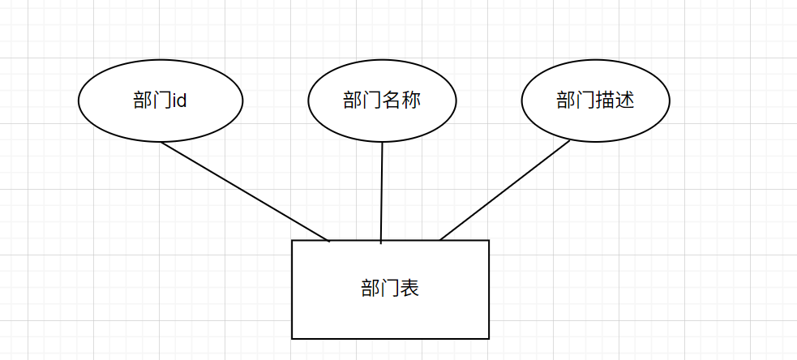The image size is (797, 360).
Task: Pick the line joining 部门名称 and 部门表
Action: tap(381, 191)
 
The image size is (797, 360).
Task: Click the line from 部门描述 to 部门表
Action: tap(504, 191)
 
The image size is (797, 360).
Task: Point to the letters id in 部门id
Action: tap(180, 101)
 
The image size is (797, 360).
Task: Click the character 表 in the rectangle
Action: tap(409, 289)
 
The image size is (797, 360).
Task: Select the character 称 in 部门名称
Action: tap(411, 101)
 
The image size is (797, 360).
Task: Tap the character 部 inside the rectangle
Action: tap(371, 289)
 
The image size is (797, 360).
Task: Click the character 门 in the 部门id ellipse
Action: tap(161, 101)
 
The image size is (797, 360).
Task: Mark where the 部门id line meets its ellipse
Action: tap(161, 142)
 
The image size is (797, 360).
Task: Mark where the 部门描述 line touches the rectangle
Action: tap(440, 240)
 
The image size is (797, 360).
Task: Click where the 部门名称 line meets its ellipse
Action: tap(382, 143)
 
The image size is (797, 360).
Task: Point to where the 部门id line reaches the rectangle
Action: tap(328, 240)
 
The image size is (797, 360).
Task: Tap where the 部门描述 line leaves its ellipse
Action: tap(570, 140)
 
